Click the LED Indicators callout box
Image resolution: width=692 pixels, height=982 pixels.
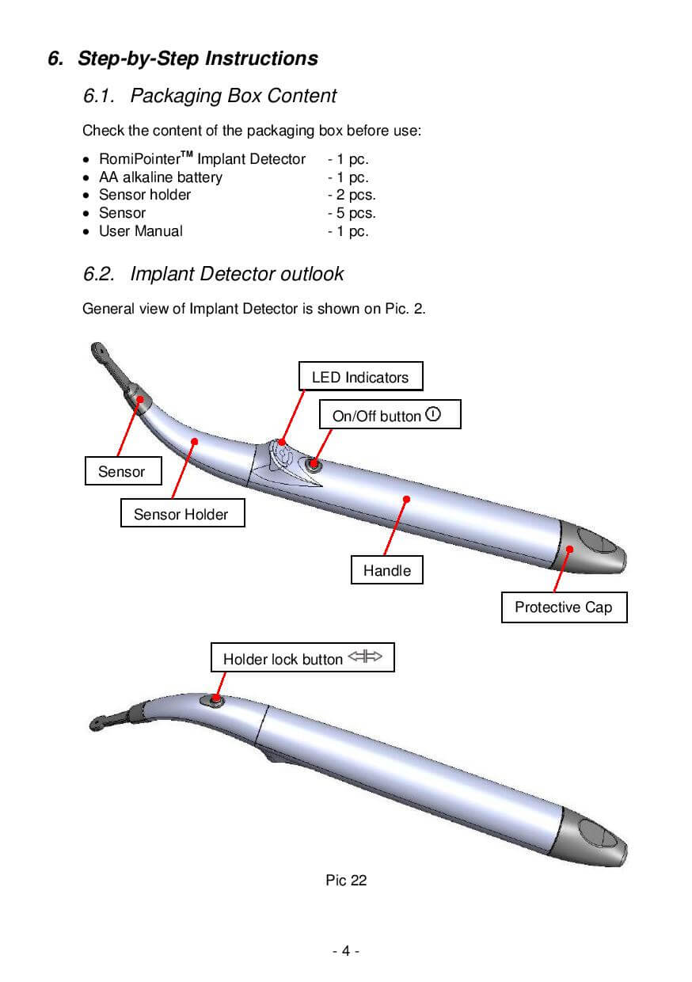point(360,375)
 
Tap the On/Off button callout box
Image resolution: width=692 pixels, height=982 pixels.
point(390,414)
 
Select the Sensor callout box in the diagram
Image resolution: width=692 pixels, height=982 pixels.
point(124,471)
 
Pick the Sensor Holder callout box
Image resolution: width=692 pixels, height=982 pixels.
point(182,512)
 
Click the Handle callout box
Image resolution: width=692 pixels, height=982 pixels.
point(386,569)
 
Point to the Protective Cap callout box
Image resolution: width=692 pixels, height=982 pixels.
point(564,607)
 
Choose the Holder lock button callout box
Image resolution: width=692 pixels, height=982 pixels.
point(302,657)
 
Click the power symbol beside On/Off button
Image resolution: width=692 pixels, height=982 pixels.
point(433,414)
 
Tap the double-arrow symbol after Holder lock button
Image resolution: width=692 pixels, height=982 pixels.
point(365,657)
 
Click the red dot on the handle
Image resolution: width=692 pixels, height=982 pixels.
point(406,499)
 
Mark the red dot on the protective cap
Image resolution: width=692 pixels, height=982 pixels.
point(569,549)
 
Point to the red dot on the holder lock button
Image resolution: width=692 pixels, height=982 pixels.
point(215,698)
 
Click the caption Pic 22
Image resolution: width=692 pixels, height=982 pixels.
point(346,880)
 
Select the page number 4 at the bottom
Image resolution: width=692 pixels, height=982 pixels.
point(346,950)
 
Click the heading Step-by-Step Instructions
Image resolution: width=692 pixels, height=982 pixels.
point(198,59)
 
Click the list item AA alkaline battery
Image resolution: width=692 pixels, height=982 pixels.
point(161,177)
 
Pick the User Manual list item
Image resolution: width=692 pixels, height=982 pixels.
point(141,231)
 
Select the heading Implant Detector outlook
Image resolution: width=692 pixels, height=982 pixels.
point(237,274)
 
